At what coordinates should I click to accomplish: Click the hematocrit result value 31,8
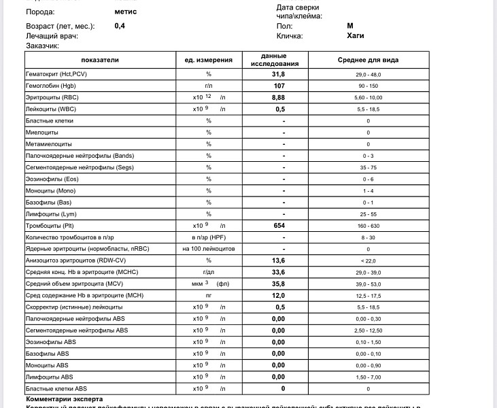279,74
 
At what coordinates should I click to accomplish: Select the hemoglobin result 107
279,86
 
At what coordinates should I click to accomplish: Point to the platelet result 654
279,225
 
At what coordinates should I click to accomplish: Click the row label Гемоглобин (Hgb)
51,86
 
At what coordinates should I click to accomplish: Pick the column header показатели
99,60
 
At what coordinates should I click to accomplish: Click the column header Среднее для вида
368,60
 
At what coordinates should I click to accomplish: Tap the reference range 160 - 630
368,225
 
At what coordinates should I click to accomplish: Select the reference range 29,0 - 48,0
368,74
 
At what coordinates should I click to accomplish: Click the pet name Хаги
356,36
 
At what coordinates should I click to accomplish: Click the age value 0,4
120,26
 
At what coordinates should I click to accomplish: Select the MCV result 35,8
279,284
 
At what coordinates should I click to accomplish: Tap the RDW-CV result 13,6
279,260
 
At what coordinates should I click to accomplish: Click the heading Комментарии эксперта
64,398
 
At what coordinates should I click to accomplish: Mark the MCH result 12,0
279,295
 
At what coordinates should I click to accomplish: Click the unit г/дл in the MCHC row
209,272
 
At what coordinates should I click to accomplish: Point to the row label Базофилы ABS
47,354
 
